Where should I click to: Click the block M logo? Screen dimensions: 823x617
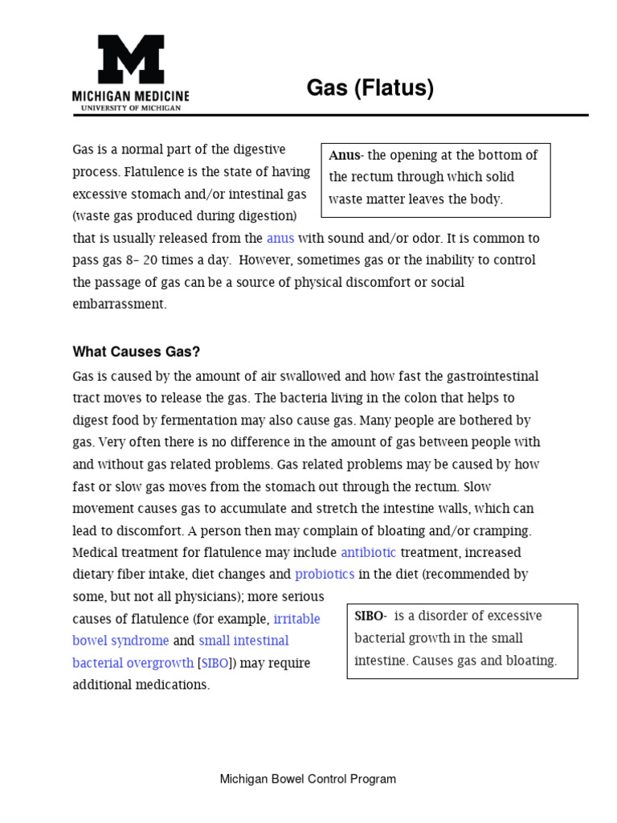(x=131, y=59)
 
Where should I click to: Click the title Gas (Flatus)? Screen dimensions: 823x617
(x=370, y=88)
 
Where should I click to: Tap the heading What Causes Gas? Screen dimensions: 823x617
(x=136, y=351)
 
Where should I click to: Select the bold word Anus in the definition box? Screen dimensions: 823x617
(x=344, y=155)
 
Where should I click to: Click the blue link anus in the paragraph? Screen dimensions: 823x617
(x=280, y=238)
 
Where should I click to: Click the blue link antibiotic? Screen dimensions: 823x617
(x=369, y=552)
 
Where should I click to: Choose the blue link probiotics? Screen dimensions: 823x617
(x=325, y=574)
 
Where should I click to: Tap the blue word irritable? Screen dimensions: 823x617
(x=296, y=619)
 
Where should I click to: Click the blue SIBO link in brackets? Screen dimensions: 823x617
(x=215, y=663)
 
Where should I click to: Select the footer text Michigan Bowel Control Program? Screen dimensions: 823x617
(x=308, y=779)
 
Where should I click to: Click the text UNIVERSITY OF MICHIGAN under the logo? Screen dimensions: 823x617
(x=131, y=107)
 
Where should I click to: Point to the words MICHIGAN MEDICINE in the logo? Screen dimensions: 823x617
(x=131, y=96)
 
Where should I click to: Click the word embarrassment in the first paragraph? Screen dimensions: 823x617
(x=119, y=304)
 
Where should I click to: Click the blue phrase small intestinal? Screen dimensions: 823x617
(x=243, y=641)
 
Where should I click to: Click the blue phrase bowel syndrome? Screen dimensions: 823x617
(x=121, y=641)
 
